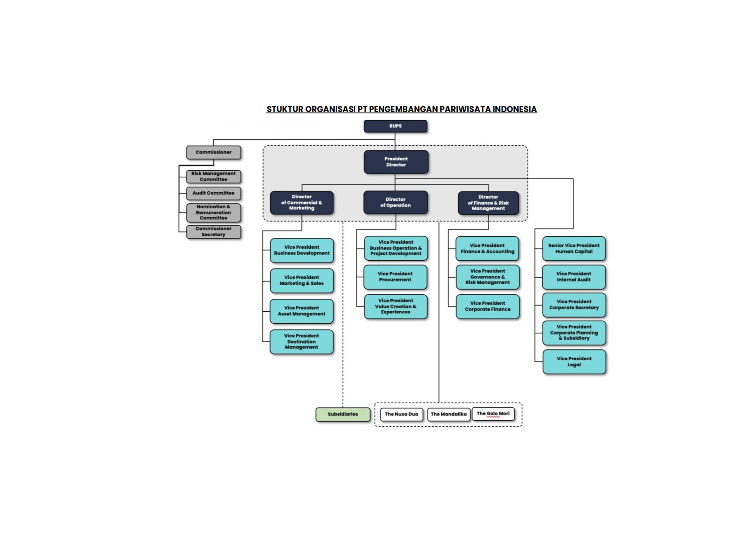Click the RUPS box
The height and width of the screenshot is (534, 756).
click(395, 126)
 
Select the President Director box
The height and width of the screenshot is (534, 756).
click(396, 162)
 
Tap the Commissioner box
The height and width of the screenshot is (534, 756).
click(213, 152)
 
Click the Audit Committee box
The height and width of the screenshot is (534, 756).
click(213, 193)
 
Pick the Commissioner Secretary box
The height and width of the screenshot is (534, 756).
click(213, 232)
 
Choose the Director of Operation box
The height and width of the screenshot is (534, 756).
click(395, 203)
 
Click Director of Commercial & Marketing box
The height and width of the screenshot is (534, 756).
click(301, 203)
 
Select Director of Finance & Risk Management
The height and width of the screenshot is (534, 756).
click(488, 203)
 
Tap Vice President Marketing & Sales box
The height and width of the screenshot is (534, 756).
click(301, 281)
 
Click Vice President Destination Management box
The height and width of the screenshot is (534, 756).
click(301, 341)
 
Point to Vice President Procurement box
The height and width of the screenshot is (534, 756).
click(395, 277)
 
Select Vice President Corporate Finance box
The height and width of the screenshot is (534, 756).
click(487, 306)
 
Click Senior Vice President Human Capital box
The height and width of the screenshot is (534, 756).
click(574, 249)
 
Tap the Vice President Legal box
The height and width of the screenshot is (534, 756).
click(574, 362)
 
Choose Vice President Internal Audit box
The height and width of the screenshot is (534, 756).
click(574, 277)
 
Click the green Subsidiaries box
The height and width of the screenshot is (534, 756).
click(343, 414)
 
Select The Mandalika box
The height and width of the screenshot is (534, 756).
click(448, 414)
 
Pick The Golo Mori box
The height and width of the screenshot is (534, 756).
click(493, 414)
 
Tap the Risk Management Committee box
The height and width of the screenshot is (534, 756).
click(213, 176)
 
